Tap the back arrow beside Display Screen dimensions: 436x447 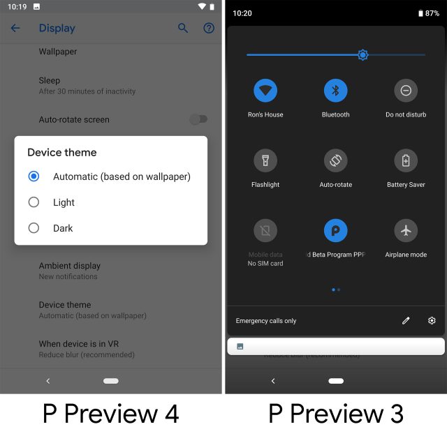(15, 29)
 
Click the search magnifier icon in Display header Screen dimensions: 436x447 (183, 29)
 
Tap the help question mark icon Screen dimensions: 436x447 (208, 29)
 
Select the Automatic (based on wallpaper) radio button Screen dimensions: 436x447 (34, 176)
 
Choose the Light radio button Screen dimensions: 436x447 (34, 202)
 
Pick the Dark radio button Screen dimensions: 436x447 (34, 228)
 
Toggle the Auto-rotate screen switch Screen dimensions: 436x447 (198, 119)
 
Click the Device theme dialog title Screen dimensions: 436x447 (62, 152)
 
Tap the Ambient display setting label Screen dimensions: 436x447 (70, 266)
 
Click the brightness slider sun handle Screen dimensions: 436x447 (362, 54)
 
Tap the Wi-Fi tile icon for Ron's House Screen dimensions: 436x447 (265, 90)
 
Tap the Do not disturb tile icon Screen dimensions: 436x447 (406, 90)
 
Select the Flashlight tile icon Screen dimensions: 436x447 (265, 160)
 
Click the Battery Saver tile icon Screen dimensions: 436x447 (406, 160)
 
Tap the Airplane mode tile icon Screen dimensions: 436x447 (406, 230)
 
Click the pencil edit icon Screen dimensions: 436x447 (406, 321)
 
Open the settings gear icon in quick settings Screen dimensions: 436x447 (432, 321)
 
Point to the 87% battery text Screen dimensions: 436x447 (432, 13)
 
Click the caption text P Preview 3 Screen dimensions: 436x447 (336, 414)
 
